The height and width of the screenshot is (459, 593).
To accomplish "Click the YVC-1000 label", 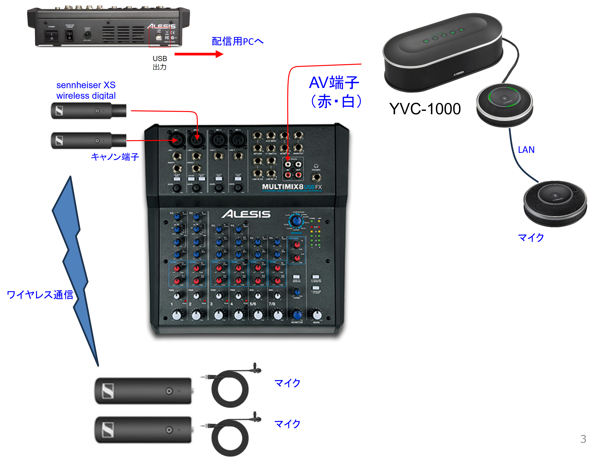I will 425,109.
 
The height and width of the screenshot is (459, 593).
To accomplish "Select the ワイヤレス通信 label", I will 40,295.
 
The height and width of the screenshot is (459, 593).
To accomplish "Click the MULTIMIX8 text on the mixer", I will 282,187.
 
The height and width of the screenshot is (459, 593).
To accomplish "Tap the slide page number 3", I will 583,439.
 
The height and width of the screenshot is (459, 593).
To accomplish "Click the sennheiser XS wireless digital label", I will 86,90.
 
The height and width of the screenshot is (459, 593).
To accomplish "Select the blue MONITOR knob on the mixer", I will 297,315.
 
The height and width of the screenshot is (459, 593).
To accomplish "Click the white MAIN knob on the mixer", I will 317,315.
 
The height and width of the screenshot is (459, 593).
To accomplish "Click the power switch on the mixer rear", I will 52,36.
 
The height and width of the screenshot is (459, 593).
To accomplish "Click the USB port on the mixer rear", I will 159,37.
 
